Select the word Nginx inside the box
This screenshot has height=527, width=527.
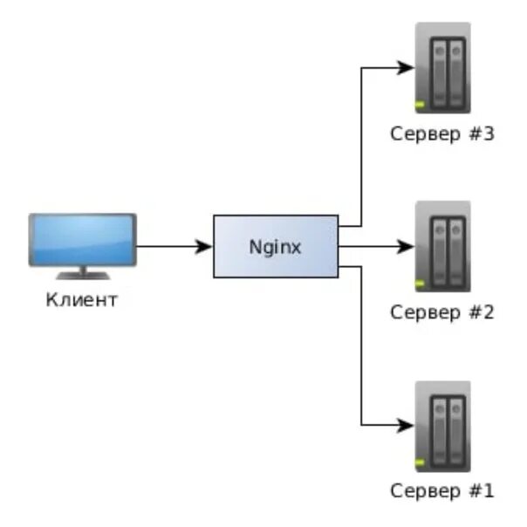(x=276, y=247)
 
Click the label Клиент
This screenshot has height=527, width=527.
(x=82, y=301)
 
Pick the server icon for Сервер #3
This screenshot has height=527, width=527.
(x=443, y=67)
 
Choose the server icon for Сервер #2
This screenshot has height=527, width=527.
(x=443, y=246)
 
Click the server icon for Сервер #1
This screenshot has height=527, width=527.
(x=443, y=426)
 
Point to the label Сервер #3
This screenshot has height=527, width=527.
(x=443, y=135)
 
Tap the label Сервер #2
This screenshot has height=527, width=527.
(x=443, y=311)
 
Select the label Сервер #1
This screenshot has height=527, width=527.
(x=443, y=490)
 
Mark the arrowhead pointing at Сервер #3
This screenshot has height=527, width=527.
(x=407, y=67)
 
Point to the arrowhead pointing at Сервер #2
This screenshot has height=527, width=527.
(x=407, y=247)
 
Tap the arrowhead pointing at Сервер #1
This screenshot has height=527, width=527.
(x=407, y=427)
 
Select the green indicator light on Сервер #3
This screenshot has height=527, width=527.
(x=420, y=106)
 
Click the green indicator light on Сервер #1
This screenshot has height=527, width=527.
(x=420, y=463)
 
